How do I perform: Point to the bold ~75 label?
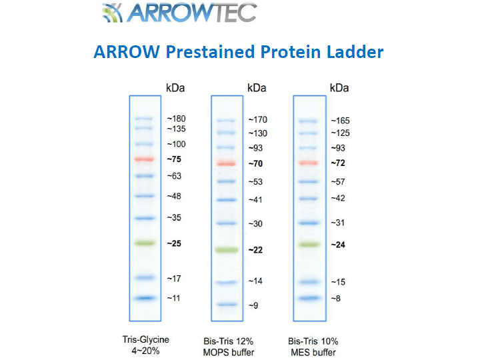tap(174, 159)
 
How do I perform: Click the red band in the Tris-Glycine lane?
tap(144, 159)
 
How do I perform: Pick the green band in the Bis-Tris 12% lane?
tap(227, 250)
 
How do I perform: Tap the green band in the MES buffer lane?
tap(309, 245)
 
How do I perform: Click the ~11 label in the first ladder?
tap(175, 298)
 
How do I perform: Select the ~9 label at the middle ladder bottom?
tap(253, 305)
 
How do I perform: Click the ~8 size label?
tap(336, 298)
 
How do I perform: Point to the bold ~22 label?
tap(255, 250)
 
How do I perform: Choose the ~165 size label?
tap(340, 121)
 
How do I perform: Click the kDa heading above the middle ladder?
tap(257, 88)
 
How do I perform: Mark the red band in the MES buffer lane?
tap(309, 163)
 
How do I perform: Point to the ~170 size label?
tap(257, 120)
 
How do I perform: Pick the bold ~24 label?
tap(339, 245)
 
